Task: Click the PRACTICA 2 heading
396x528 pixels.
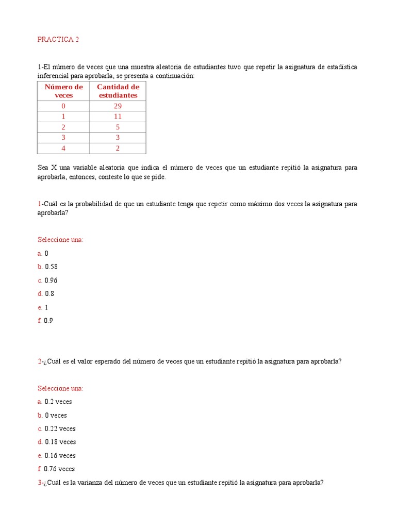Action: pyautogui.click(x=58, y=40)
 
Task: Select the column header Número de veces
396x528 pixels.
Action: pyautogui.click(x=63, y=91)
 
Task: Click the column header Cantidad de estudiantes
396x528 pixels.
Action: pyautogui.click(x=118, y=91)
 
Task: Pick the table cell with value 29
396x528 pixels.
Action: pyautogui.click(x=118, y=106)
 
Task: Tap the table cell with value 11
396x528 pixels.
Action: pyautogui.click(x=118, y=117)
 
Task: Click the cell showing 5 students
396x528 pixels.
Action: pyautogui.click(x=118, y=127)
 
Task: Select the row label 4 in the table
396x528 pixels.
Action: pyautogui.click(x=63, y=148)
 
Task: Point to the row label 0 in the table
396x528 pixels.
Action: pyautogui.click(x=63, y=106)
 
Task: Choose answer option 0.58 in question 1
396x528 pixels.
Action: pyautogui.click(x=51, y=267)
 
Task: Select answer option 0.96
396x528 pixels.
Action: pyautogui.click(x=51, y=280)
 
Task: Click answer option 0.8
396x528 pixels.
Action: pyautogui.click(x=49, y=293)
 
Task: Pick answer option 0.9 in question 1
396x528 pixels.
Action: pyautogui.click(x=48, y=320)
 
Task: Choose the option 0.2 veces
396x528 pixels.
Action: pyautogui.click(x=58, y=402)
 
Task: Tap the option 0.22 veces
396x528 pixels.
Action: pyautogui.click(x=60, y=428)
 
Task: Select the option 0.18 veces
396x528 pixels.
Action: pyautogui.click(x=60, y=442)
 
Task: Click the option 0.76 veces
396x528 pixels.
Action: pyautogui.click(x=59, y=469)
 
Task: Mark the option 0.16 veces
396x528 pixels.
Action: pyautogui.click(x=60, y=455)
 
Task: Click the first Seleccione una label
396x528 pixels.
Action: pyautogui.click(x=60, y=240)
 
